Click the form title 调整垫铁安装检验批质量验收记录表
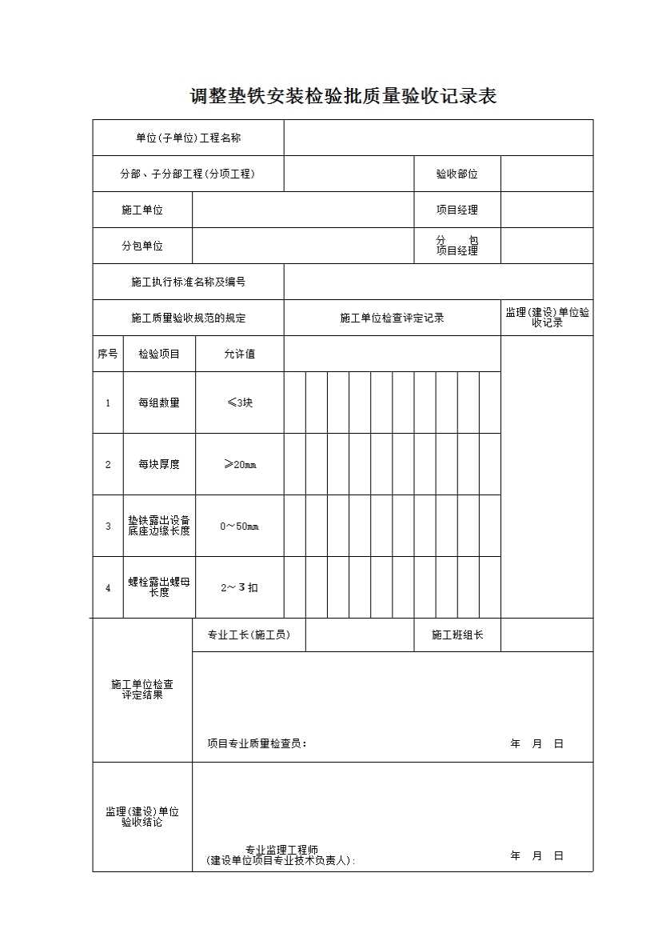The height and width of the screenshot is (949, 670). coord(343,97)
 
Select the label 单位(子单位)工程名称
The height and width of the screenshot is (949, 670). coord(188,138)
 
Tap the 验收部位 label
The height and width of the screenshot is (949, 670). coord(457,174)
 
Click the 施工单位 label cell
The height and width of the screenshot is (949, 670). coord(142,210)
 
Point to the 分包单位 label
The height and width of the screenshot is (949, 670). coord(142,246)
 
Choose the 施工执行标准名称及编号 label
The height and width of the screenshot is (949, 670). coord(188,282)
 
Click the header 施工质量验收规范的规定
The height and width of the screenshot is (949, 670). coord(188,318)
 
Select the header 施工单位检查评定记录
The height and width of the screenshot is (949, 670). coord(392,318)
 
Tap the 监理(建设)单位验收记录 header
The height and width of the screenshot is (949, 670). coord(547,318)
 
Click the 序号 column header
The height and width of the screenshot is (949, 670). coord(108,354)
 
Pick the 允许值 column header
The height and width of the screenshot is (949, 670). coord(239,354)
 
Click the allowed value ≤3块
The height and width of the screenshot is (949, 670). coord(239,402)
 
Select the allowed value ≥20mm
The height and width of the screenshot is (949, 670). coord(239,464)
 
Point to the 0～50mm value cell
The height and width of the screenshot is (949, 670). coord(239,526)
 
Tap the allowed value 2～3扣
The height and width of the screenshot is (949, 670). coord(239,587)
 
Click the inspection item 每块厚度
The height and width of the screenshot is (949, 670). coord(159,464)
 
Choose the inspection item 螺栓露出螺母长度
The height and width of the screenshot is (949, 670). coord(159,587)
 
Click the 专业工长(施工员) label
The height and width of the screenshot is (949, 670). coord(249,635)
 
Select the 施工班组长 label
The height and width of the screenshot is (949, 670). coord(457,635)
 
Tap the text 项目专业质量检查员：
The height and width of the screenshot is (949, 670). coord(257,743)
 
